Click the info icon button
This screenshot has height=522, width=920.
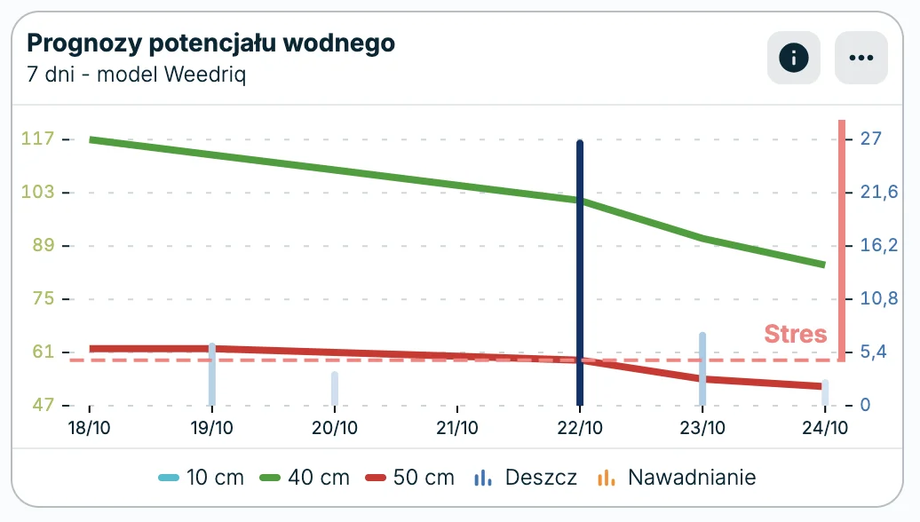pos(794,59)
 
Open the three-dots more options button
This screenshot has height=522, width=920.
pos(861,59)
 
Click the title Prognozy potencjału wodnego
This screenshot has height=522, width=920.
pos(211,43)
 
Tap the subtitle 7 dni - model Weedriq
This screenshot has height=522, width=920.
pos(137,74)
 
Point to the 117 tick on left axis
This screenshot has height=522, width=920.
pos(43,138)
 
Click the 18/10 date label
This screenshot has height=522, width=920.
pos(90,428)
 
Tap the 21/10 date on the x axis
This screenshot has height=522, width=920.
pos(457,428)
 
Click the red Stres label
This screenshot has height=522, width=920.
pos(796,335)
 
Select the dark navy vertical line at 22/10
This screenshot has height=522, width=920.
pos(580,266)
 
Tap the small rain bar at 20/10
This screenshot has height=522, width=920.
pos(335,388)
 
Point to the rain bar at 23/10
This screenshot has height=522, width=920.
pos(702,368)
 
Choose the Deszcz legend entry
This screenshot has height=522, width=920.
pos(526,478)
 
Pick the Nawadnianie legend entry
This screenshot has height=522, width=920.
pos(678,478)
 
